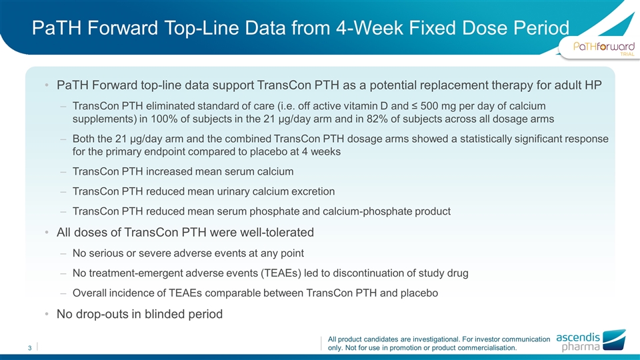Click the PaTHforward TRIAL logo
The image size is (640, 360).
tap(604, 48)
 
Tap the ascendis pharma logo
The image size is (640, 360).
tap(591, 341)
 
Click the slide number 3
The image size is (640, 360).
tap(30, 348)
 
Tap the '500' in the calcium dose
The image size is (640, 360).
tap(429, 106)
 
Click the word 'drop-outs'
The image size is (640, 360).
tap(103, 314)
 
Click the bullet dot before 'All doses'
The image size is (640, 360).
tap(47, 233)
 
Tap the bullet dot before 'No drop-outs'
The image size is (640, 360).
tap(47, 314)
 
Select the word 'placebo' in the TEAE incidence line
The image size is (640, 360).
tap(421, 293)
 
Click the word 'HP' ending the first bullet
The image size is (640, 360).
tap(593, 85)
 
